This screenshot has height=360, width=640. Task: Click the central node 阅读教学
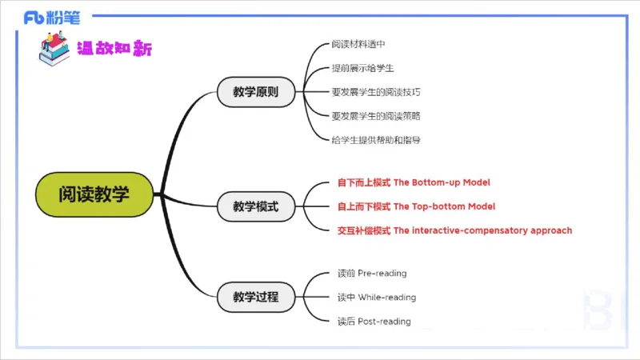(94, 194)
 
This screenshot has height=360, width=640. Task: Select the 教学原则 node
(256, 92)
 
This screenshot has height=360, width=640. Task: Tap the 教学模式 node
(256, 206)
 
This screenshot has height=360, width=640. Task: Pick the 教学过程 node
(256, 297)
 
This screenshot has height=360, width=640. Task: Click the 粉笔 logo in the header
(51, 17)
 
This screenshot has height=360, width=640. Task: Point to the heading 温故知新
(114, 48)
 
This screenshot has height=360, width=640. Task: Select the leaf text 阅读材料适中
(358, 44)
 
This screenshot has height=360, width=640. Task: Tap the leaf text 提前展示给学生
(362, 68)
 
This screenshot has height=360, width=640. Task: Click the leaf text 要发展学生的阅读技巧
(376, 92)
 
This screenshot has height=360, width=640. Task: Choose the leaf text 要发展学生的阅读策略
(376, 116)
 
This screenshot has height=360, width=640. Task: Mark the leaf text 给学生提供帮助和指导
(376, 140)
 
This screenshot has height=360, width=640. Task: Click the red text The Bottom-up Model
(442, 182)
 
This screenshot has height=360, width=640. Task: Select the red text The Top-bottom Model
(444, 206)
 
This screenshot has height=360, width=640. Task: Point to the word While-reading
(386, 298)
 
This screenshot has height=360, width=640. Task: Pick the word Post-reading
(384, 322)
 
